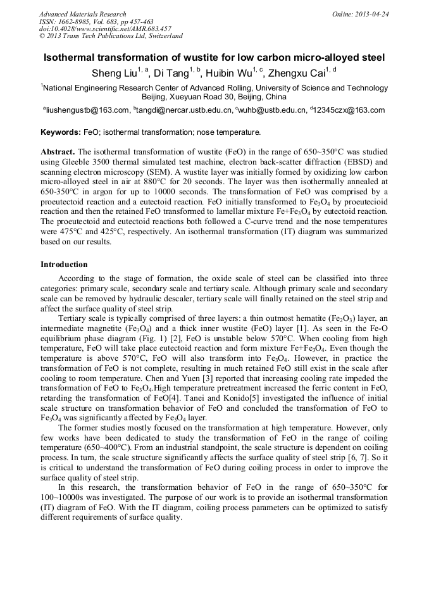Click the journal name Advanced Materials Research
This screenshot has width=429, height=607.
click(x=82, y=14)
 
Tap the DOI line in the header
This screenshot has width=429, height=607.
click(x=105, y=29)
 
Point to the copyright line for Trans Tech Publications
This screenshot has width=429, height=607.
click(x=111, y=36)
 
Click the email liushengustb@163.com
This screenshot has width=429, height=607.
click(x=86, y=110)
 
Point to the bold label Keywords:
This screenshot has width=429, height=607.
click(x=60, y=133)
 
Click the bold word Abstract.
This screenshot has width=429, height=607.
click(x=58, y=153)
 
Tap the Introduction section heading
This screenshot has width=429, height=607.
click(x=64, y=264)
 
